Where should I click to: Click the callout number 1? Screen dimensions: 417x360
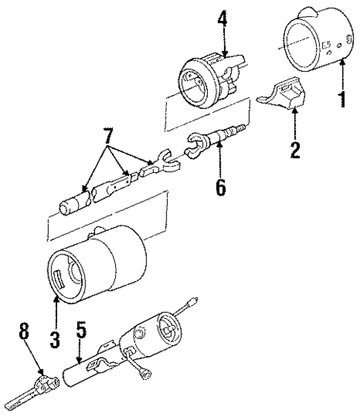point(342,97)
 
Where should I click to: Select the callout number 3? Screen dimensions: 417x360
point(55,341)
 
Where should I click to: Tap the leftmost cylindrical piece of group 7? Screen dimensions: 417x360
point(73,203)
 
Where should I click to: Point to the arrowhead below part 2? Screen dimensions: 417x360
point(295,111)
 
